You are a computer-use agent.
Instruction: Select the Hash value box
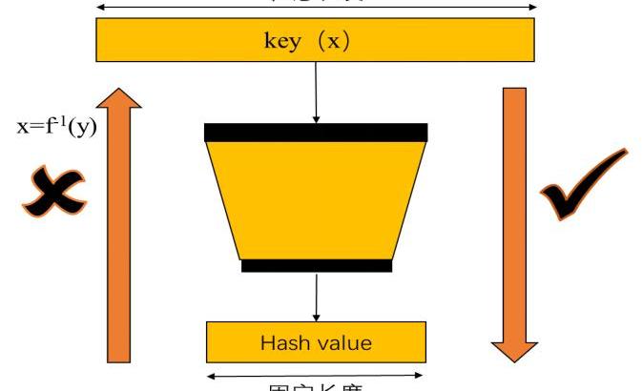[x=316, y=341]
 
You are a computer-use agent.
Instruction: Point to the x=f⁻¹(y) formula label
[x=57, y=127]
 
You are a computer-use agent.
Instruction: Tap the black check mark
[x=583, y=185]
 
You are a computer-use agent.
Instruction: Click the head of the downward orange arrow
[x=514, y=346]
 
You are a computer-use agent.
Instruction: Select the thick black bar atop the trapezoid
[x=316, y=132]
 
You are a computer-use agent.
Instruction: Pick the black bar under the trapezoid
[x=316, y=265]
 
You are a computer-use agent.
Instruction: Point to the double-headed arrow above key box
[x=316, y=7]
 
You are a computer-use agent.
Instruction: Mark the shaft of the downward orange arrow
[x=514, y=210]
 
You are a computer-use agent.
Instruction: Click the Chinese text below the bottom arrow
[x=316, y=386]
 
